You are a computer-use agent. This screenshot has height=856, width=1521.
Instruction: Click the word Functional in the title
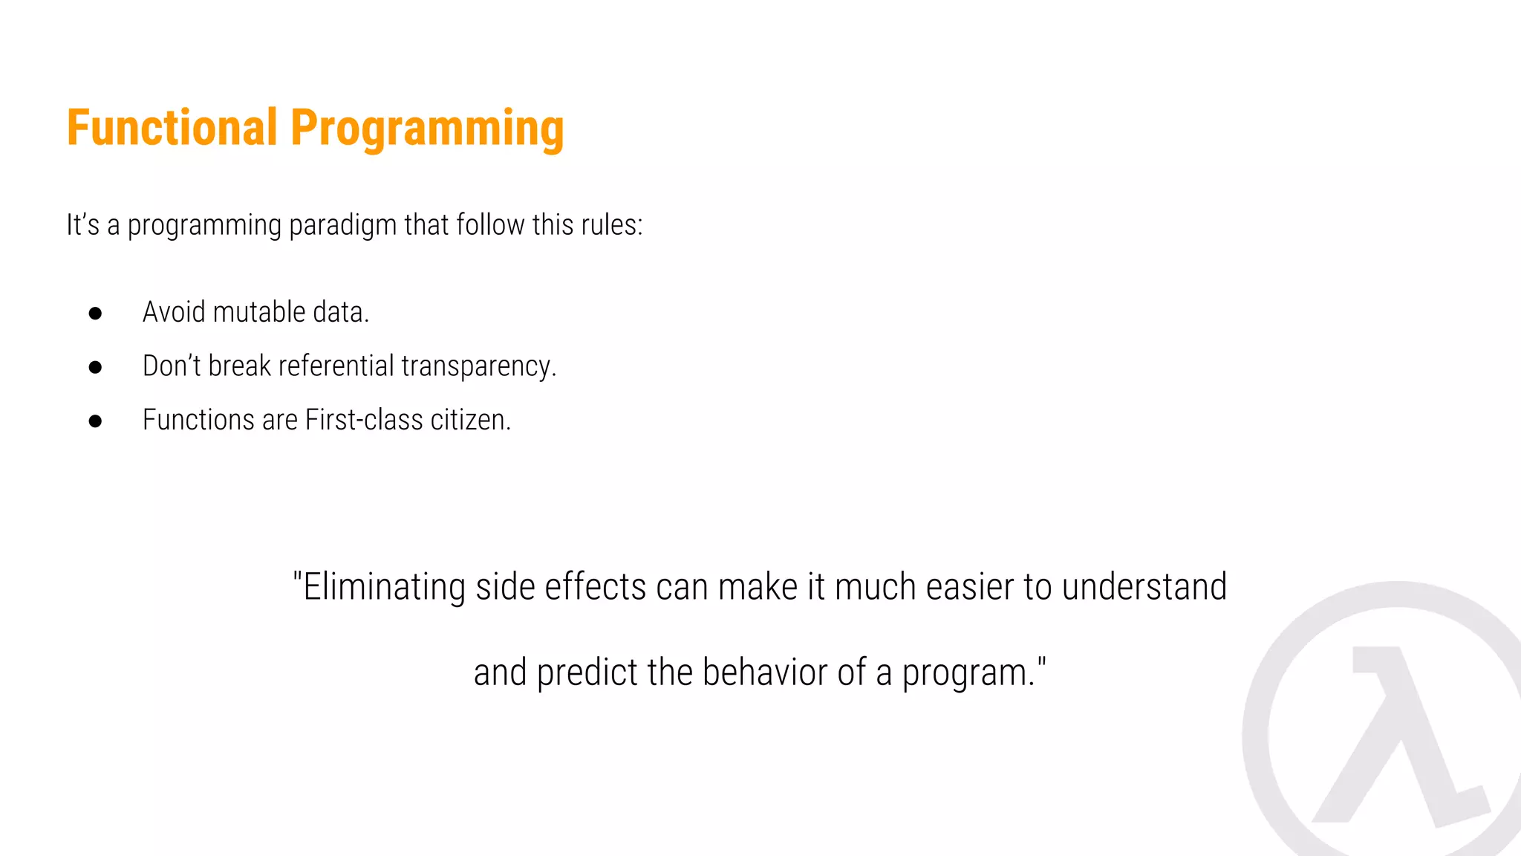tap(172, 128)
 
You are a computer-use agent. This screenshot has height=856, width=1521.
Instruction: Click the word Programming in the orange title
tap(427, 130)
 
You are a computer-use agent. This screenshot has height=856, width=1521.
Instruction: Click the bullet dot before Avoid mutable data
tap(95, 314)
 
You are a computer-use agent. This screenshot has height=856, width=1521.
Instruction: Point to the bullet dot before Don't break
tap(95, 367)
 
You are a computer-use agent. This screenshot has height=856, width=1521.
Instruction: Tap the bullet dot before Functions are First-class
tap(95, 421)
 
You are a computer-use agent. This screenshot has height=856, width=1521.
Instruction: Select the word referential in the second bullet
tap(336, 366)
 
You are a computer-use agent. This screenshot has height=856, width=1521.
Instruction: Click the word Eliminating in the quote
tap(384, 588)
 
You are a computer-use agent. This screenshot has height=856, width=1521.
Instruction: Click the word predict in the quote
tap(587, 673)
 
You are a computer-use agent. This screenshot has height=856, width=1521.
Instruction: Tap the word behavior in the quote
tap(766, 672)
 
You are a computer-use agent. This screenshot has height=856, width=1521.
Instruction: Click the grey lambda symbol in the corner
tap(1400, 736)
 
